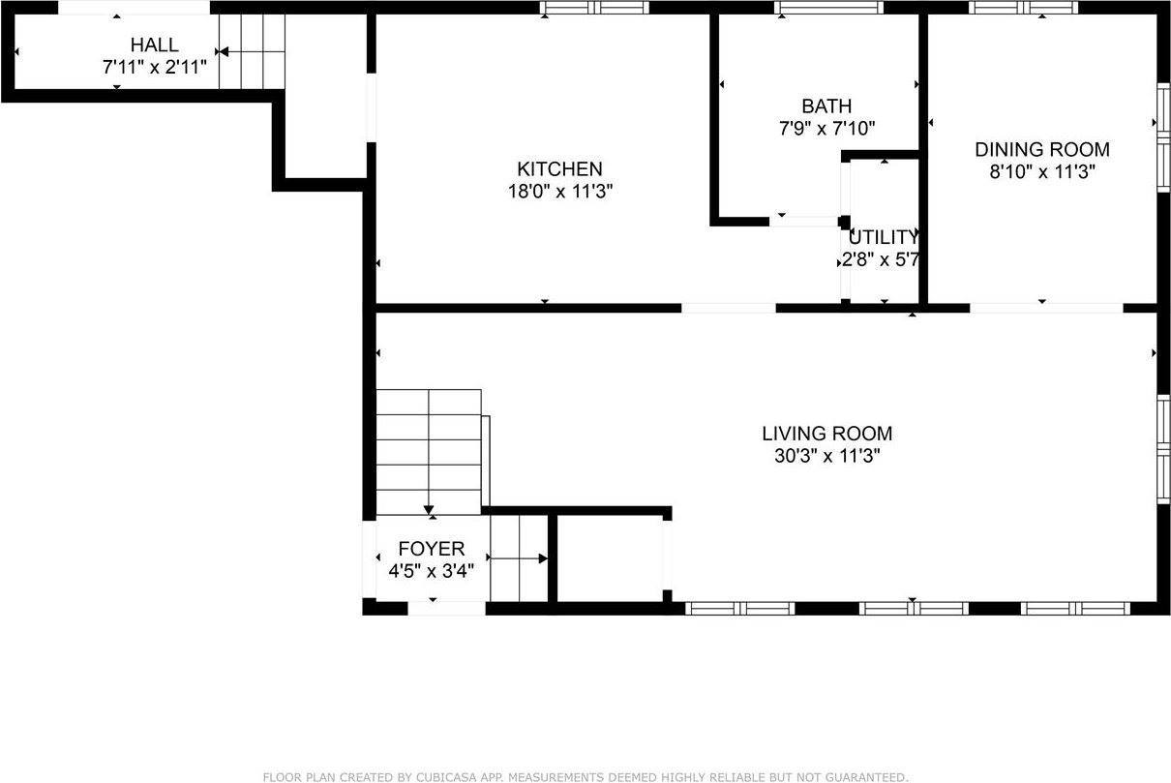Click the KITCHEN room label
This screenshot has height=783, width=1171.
coord(559,169)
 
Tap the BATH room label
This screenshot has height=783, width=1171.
coord(826,106)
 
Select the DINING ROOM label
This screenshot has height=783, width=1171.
coord(1041,150)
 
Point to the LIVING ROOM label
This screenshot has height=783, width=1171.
coord(826,434)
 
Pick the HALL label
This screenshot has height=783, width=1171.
coord(155,45)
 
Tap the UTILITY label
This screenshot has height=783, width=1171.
coord(882,237)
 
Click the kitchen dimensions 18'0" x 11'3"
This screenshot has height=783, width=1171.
coord(560,191)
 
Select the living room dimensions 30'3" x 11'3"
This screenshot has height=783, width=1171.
coord(826,456)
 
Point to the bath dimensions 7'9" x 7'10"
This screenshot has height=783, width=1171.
coord(826,128)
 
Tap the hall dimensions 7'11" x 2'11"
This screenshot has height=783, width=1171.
coord(155,68)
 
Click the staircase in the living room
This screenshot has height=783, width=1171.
coord(429,451)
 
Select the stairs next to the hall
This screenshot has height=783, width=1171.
coord(253,51)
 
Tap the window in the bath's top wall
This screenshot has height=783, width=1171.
coord(828,8)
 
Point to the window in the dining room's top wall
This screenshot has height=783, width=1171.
coord(1023,8)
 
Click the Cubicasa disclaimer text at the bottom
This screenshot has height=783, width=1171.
coord(585,776)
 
